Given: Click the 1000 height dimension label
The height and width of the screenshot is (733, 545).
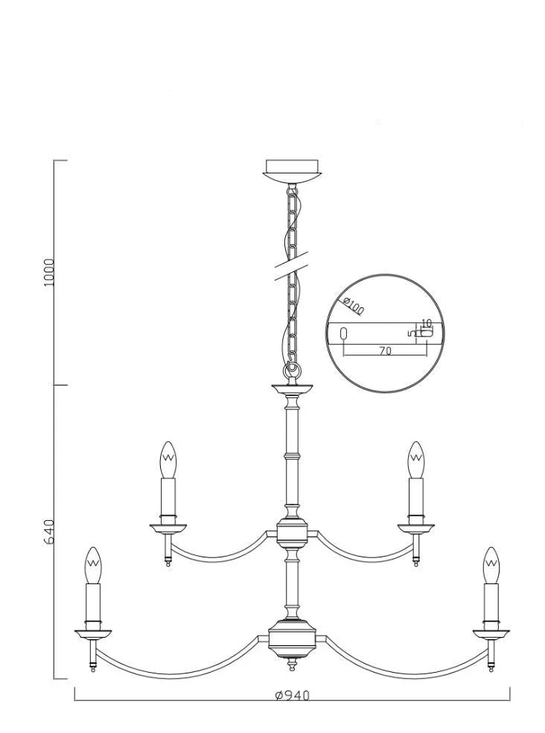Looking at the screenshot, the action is click(x=50, y=272).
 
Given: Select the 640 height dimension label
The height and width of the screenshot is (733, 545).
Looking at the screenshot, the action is click(x=50, y=531).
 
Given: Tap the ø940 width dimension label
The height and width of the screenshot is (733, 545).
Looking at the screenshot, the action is click(x=293, y=696).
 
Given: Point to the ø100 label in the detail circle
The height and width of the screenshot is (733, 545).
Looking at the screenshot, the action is click(x=353, y=306).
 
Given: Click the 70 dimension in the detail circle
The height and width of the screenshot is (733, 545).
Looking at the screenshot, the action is click(x=385, y=351).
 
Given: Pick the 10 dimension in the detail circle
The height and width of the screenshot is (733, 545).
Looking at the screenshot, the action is click(x=426, y=322).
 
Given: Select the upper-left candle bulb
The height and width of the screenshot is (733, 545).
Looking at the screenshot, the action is click(x=168, y=460).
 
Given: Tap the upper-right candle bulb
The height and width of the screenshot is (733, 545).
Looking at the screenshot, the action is click(x=416, y=460).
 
